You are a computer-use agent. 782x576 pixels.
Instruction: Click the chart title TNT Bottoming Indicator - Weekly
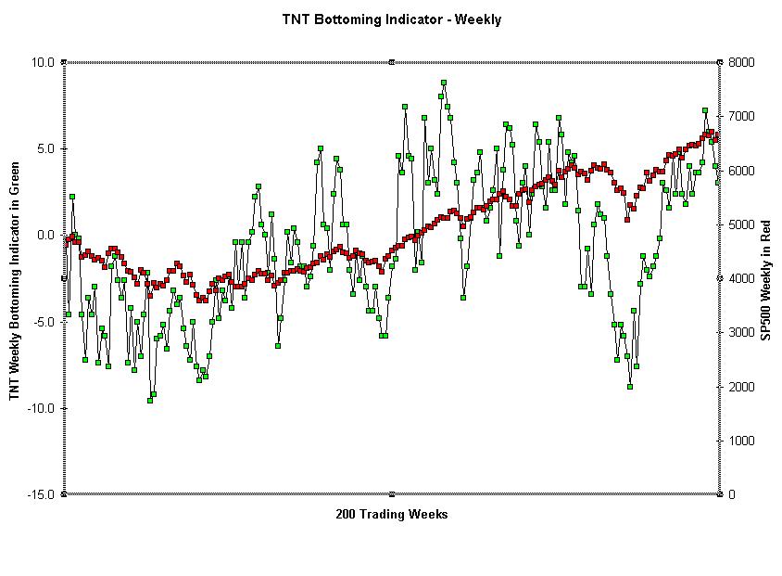click(391, 19)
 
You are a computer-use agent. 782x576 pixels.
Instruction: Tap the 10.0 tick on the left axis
click(44, 62)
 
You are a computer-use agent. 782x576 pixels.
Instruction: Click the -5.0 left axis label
click(44, 322)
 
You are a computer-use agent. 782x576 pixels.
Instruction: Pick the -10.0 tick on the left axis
click(42, 408)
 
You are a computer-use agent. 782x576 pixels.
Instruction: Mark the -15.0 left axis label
click(42, 494)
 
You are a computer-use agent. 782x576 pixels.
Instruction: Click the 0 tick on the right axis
click(732, 494)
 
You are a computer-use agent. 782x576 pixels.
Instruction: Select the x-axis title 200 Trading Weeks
click(391, 515)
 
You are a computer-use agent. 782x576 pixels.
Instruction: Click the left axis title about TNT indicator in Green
click(15, 278)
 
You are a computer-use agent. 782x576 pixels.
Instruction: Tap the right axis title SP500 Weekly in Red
click(766, 279)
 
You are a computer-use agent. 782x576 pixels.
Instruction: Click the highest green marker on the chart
click(444, 83)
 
